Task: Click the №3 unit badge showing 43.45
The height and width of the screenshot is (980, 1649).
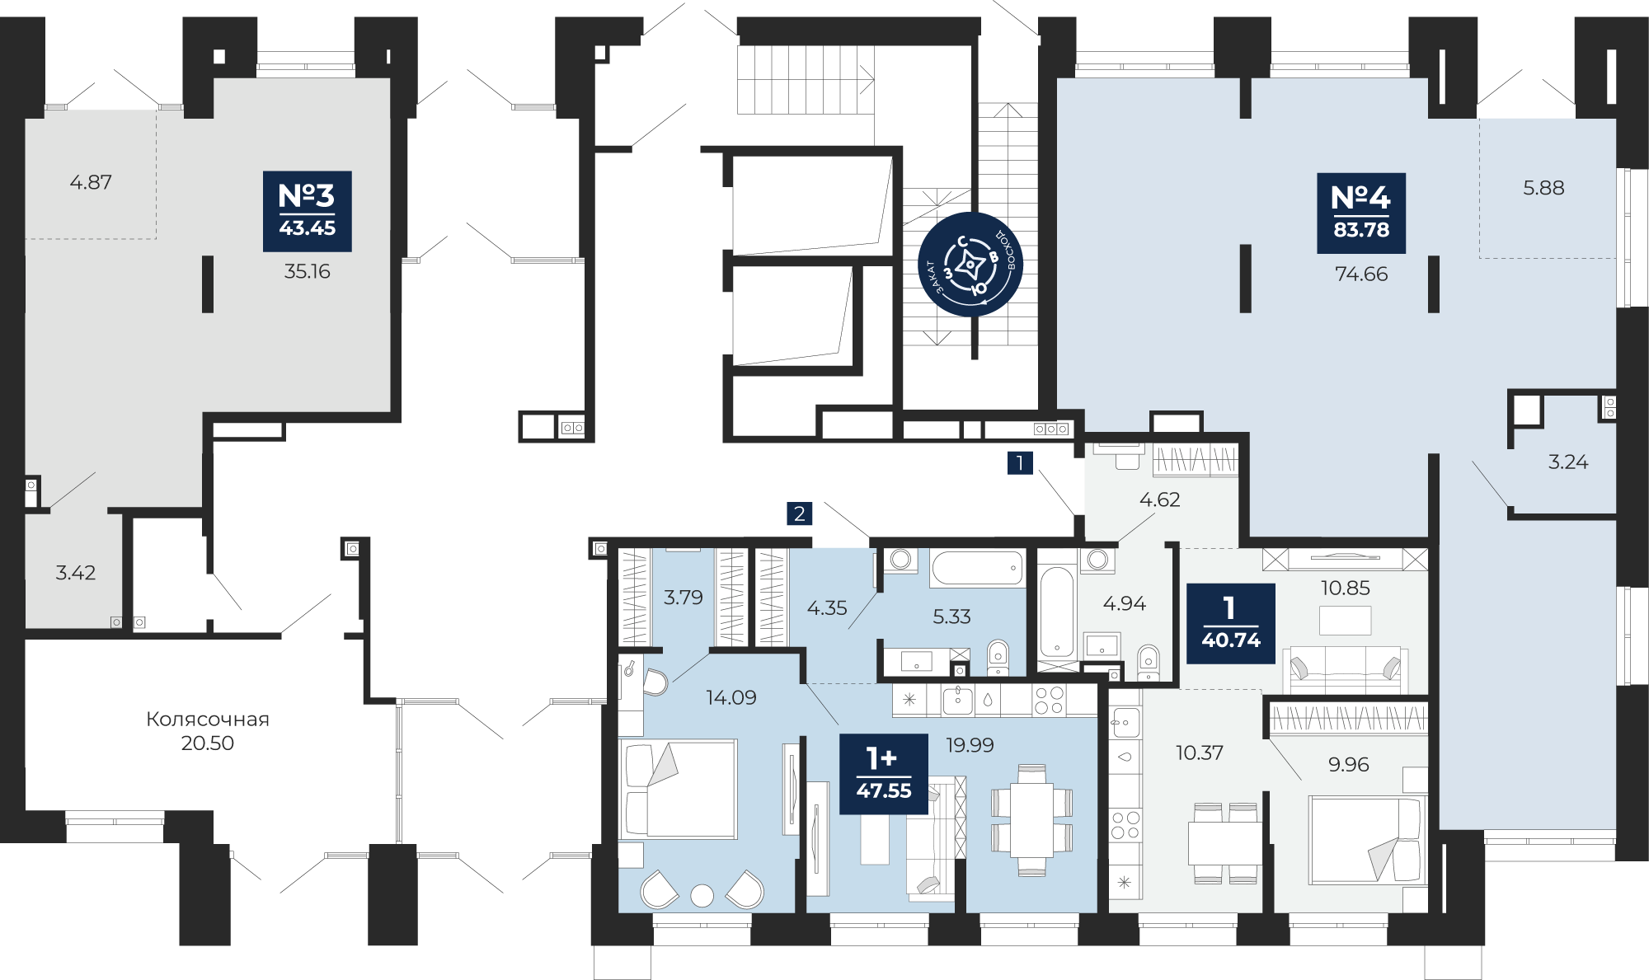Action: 308,211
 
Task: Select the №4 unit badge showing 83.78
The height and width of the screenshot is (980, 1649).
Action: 1361,213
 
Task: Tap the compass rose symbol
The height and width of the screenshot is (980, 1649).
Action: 970,265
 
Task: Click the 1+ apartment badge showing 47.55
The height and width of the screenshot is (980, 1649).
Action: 884,773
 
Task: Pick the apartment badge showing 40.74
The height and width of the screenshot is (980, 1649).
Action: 1231,623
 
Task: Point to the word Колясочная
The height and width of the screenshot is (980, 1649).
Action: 208,719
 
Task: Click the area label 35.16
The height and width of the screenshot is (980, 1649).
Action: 308,271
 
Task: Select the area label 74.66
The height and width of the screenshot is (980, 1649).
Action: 1361,274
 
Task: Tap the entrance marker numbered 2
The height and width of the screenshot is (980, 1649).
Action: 799,513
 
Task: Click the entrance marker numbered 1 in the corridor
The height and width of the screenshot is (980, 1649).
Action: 1020,462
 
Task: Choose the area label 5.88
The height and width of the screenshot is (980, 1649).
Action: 1543,188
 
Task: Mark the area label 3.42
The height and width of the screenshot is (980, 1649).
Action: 76,572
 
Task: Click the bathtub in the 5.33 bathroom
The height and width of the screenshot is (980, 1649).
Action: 977,568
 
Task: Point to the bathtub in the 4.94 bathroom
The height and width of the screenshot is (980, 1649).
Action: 1057,612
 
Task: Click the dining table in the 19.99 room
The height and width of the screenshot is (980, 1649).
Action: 1031,820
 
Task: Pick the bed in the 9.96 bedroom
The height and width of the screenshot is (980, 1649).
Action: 1366,839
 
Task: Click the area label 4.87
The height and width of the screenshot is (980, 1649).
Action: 91,182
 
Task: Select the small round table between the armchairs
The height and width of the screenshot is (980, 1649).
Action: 702,895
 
